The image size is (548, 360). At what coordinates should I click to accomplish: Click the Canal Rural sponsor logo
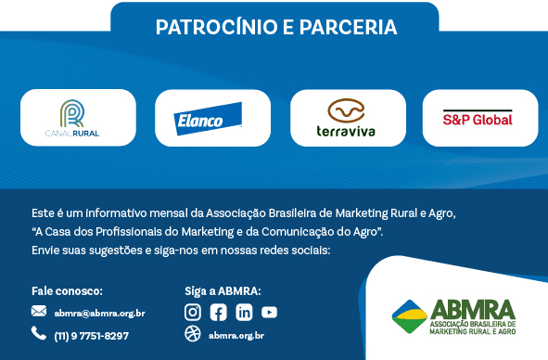78,119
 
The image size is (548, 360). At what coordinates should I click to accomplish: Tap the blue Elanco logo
211,119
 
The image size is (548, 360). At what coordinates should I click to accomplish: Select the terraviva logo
346,119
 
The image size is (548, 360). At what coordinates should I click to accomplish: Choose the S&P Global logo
478,119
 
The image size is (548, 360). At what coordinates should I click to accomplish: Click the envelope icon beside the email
39,312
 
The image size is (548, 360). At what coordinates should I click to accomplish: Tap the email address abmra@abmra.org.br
99,313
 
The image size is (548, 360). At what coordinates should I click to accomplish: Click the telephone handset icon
39,333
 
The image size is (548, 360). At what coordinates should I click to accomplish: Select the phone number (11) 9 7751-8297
91,335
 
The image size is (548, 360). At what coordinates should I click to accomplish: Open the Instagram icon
193,312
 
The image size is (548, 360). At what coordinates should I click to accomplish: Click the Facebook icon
218,312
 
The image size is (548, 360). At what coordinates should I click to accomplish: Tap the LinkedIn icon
243,312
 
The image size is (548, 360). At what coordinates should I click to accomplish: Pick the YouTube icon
269,312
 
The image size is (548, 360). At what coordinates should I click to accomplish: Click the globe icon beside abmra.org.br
193,334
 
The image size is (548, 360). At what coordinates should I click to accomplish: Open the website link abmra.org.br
236,335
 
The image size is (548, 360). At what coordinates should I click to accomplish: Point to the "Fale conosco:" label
67,290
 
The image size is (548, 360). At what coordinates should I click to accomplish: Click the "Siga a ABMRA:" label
223,290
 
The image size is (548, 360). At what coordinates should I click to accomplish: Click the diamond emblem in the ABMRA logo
409,317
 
